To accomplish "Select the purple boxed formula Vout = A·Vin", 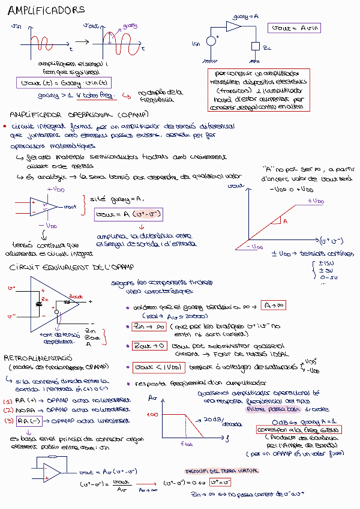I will click(295, 28).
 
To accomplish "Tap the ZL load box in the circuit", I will click(256, 46).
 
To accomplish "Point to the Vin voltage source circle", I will click(211, 41).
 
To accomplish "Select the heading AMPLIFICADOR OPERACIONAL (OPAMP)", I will click(79, 114).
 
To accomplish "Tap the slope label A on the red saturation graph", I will click(285, 221).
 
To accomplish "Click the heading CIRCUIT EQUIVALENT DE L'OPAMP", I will click(72, 267).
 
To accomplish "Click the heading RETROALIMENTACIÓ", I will click(39, 357).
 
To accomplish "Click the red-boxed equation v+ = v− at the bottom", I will click(220, 482).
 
